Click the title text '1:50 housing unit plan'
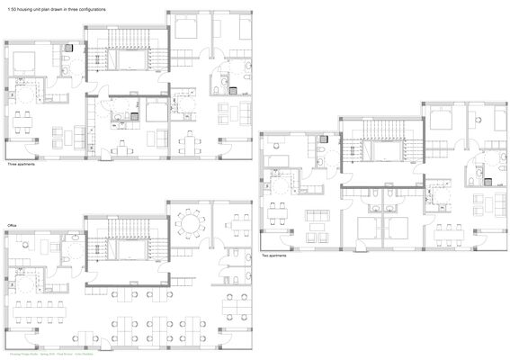point(40,9)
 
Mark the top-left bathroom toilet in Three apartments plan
point(68,62)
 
